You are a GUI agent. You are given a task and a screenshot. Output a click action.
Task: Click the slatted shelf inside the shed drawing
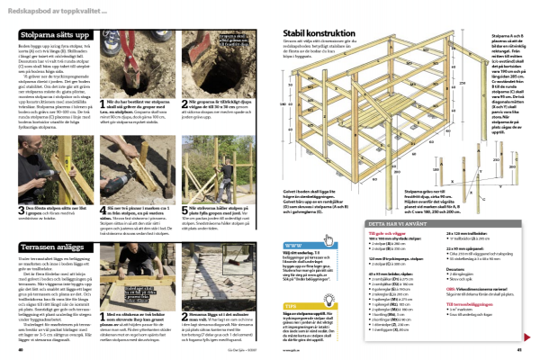[360, 126]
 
